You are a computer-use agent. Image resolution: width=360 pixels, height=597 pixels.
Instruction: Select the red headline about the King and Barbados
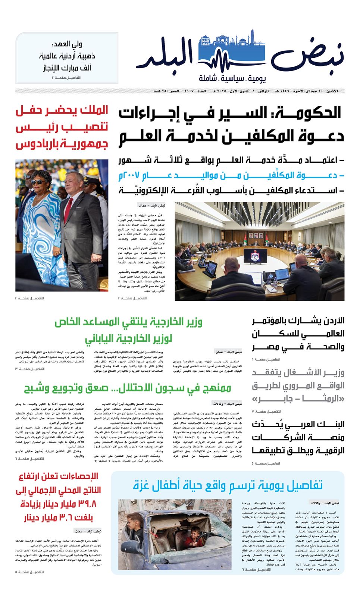(x=62, y=127)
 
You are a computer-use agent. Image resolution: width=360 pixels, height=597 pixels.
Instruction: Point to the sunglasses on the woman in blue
(x=38, y=182)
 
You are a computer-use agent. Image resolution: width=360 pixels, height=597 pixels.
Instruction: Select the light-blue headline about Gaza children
(x=228, y=485)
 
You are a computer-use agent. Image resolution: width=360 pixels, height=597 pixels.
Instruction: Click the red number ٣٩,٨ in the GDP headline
(x=87, y=504)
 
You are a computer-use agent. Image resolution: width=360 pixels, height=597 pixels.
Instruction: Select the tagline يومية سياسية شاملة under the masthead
(x=232, y=79)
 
